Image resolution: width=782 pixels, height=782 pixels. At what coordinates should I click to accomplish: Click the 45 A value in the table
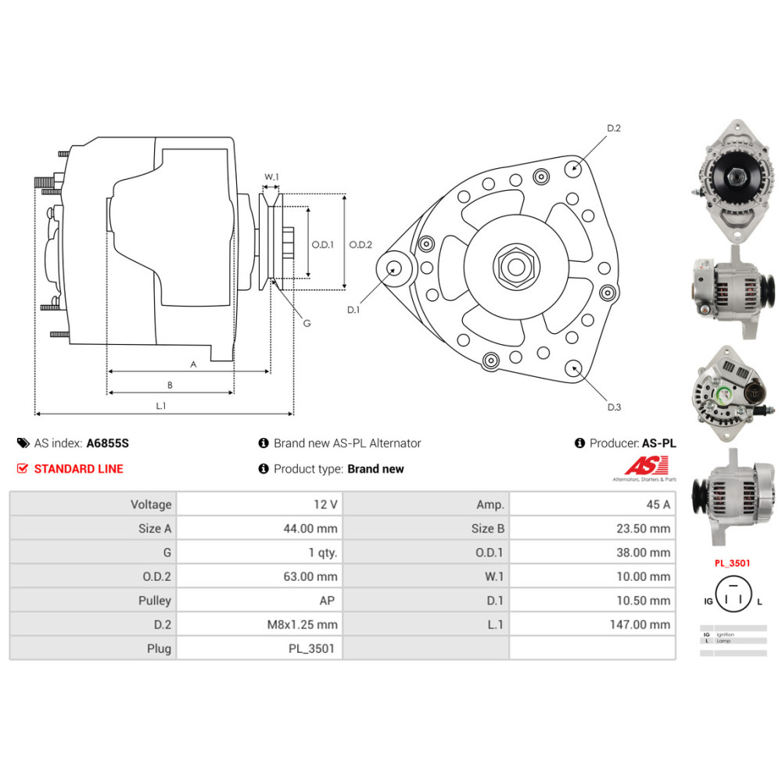pyautogui.click(x=655, y=504)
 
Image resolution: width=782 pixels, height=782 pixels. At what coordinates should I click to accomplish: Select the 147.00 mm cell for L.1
pyautogui.click(x=640, y=624)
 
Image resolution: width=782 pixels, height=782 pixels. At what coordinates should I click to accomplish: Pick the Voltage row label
pyautogui.click(x=151, y=504)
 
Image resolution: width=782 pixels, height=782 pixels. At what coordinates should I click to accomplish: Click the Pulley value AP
pyautogui.click(x=329, y=601)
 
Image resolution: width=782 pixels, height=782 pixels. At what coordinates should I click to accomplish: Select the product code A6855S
pyautogui.click(x=107, y=443)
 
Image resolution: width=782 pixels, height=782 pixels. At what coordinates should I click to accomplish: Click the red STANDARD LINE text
pyautogui.click(x=78, y=469)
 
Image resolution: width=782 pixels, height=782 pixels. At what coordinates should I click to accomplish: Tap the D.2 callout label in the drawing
pyautogui.click(x=614, y=127)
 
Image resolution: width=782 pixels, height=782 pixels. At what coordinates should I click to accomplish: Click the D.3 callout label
pyautogui.click(x=614, y=407)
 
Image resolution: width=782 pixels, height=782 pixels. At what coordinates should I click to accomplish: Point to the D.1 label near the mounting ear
pyautogui.click(x=353, y=310)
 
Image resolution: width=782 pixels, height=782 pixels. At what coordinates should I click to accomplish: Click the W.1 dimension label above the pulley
pyautogui.click(x=271, y=177)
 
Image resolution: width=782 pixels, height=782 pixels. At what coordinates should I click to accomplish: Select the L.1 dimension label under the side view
pyautogui.click(x=161, y=405)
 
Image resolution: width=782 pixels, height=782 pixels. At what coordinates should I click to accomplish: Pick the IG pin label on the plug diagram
pyautogui.click(x=708, y=601)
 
